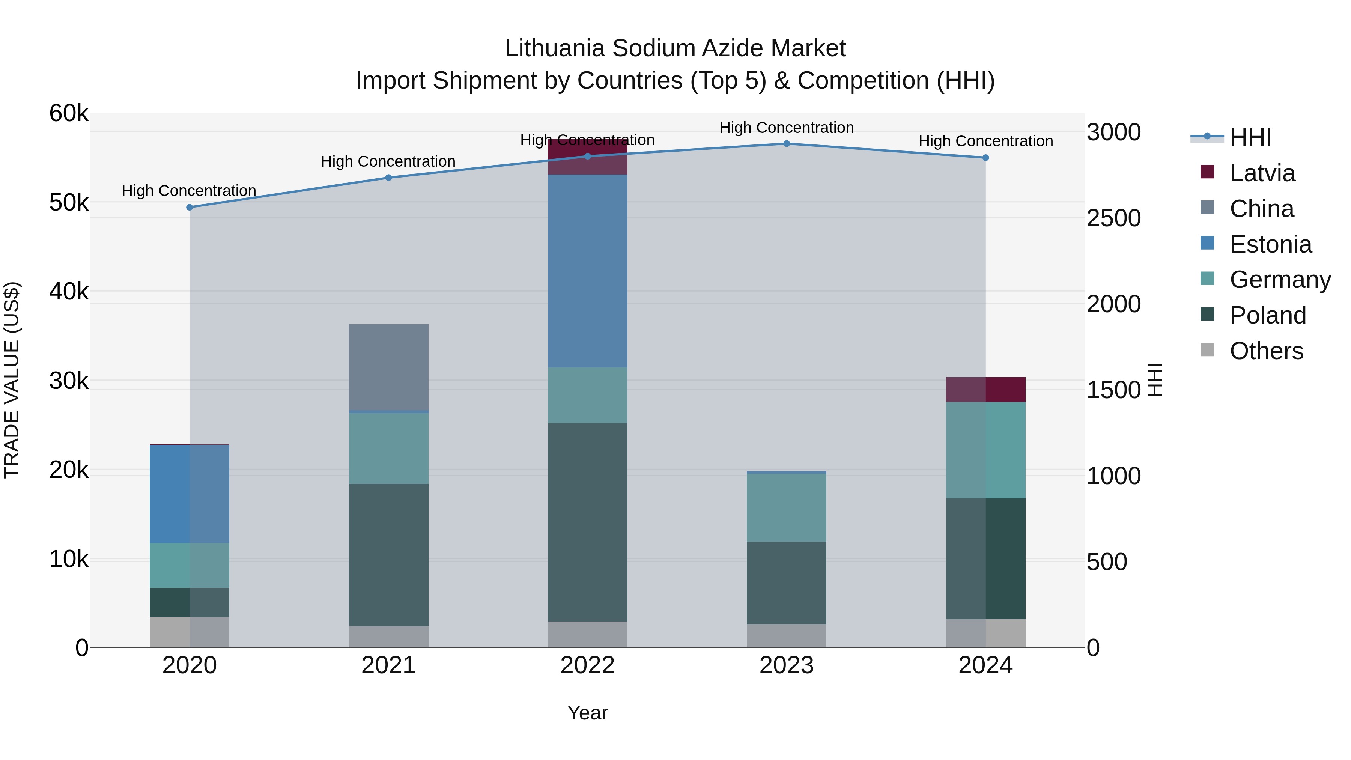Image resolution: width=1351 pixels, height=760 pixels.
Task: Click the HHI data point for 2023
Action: [786, 144]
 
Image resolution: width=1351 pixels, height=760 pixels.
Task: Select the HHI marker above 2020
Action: [190, 207]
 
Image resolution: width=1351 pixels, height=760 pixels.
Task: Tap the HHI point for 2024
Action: [985, 158]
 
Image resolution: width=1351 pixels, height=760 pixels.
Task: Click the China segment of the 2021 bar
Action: [389, 367]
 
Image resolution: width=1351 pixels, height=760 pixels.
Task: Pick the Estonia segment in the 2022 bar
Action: [587, 271]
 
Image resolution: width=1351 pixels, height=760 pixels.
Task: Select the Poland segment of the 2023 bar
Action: [786, 583]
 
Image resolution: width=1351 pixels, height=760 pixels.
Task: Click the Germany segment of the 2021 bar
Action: [389, 448]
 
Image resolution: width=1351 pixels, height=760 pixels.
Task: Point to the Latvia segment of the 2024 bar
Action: [985, 390]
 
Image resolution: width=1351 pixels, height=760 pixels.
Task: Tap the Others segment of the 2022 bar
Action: [587, 634]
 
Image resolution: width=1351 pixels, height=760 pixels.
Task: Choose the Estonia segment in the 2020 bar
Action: [190, 494]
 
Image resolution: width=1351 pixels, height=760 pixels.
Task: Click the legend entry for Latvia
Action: [1261, 173]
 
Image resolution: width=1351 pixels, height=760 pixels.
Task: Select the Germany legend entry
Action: [1280, 280]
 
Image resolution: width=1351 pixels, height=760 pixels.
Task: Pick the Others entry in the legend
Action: [1265, 351]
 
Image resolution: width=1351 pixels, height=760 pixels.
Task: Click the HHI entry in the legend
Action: [1250, 137]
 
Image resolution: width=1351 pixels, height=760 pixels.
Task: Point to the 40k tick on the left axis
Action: [69, 292]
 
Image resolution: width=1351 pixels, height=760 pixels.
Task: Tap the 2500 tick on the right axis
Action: [1113, 218]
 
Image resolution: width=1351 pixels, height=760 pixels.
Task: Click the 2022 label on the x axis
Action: [587, 665]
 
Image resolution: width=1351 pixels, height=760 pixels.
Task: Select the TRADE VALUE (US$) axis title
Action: [12, 380]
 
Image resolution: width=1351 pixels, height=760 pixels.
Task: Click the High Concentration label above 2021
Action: [388, 161]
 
